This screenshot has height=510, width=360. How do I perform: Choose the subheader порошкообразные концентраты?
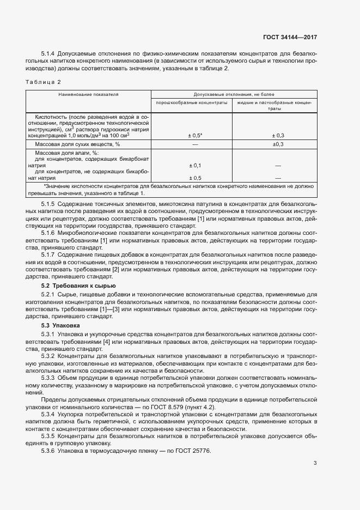192,102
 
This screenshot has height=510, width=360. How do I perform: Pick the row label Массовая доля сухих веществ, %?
77,144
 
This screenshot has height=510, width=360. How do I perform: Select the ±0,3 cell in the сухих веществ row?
278,144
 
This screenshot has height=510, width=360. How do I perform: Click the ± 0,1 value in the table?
195,165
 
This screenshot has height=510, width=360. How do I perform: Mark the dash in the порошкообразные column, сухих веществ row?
195,144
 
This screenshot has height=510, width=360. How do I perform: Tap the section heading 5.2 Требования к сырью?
78,286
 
